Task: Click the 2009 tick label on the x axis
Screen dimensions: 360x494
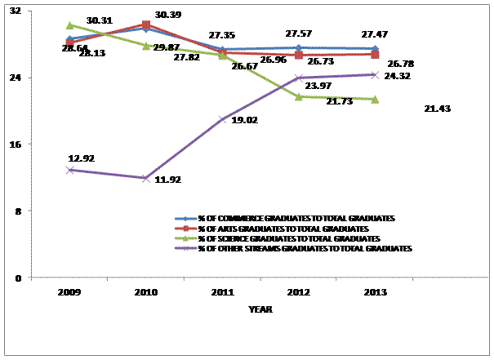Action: pos(70,291)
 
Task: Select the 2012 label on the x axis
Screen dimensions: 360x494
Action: pos(298,291)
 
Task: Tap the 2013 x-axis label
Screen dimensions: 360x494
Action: pos(374,291)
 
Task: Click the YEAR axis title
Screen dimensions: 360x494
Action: pos(260,310)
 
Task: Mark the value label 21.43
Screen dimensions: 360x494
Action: pos(438,109)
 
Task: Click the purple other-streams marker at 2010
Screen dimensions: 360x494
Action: pos(145,178)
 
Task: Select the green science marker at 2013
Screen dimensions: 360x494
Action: pos(374,100)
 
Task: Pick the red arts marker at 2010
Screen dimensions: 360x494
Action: pos(145,25)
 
